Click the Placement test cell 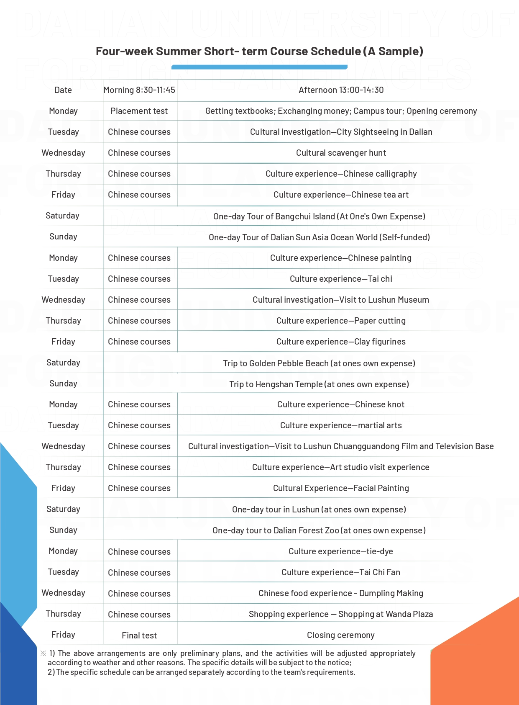(x=139, y=111)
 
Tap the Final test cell (x=139, y=636)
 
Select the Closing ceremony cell (x=340, y=635)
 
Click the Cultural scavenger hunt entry (x=341, y=153)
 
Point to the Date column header (x=63, y=90)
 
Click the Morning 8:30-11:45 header (x=139, y=90)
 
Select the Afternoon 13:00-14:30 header (x=341, y=90)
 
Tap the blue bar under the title (x=259, y=67)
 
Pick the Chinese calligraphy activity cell (x=341, y=174)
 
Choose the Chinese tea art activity (x=341, y=195)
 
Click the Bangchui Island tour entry (x=319, y=216)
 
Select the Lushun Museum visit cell (x=340, y=300)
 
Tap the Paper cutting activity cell (x=341, y=321)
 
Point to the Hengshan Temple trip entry (x=319, y=384)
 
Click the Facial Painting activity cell (x=341, y=488)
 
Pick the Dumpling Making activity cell (x=340, y=593)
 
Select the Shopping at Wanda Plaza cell (x=340, y=614)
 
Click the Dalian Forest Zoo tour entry (x=319, y=530)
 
